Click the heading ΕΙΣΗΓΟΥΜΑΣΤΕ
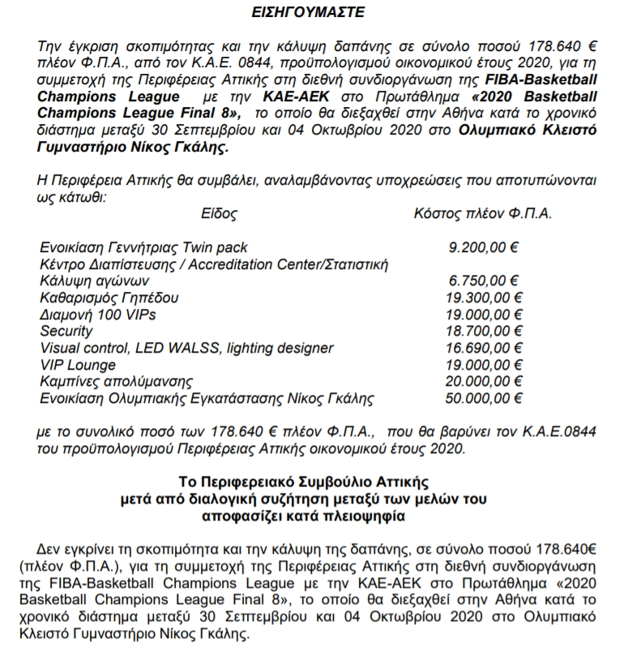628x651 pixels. (x=314, y=13)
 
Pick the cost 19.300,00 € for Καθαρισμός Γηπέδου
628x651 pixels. (x=483, y=298)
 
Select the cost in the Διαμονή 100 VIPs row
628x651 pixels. (x=483, y=315)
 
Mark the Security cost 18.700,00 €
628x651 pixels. (x=483, y=332)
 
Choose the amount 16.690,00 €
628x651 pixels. (x=483, y=349)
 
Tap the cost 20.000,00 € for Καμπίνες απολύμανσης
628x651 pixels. (x=483, y=382)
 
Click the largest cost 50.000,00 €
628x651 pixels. (x=483, y=399)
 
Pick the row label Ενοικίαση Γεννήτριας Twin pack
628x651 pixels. (x=143, y=247)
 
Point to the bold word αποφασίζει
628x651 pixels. (x=263, y=516)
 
